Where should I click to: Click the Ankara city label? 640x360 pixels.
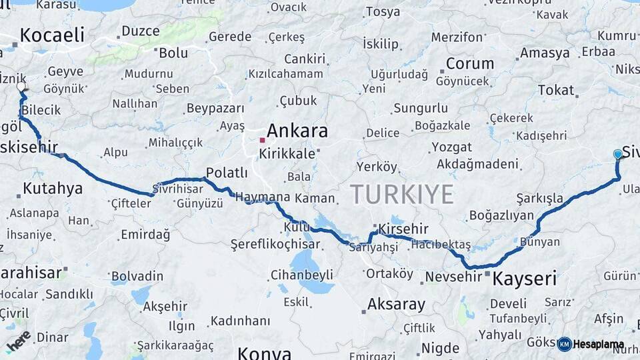tap(297, 131)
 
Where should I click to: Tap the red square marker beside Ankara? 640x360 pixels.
tap(263, 140)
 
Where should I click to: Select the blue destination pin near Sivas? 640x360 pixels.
tap(618, 155)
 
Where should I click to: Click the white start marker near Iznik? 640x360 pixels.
tap(21, 87)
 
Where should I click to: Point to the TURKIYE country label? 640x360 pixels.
tap(402, 194)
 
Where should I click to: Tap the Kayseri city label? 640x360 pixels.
tap(524, 279)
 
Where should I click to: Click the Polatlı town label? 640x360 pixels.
tap(227, 173)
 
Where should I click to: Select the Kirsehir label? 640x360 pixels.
tap(403, 229)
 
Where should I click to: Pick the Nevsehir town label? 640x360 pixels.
tap(453, 276)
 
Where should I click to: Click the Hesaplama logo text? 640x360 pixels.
tap(599, 345)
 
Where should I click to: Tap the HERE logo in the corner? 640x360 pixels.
tap(18, 340)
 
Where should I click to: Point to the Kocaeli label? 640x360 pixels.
tap(52, 35)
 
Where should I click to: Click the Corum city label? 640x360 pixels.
tap(470, 64)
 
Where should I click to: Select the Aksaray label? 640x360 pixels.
tap(396, 305)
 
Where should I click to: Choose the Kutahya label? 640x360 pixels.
tap(53, 189)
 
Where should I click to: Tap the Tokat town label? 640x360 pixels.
tap(555, 90)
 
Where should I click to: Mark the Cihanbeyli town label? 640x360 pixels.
tap(302, 275)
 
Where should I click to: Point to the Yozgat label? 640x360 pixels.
tap(451, 147)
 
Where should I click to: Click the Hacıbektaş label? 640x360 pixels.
tap(441, 245)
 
